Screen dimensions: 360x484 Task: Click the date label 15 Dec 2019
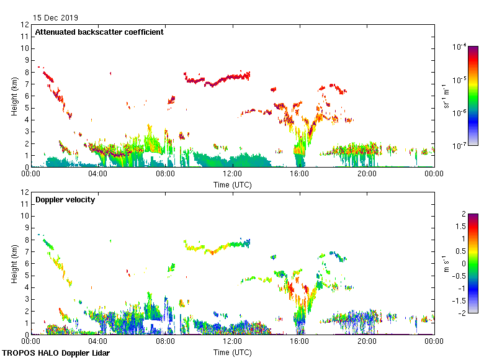tap(56, 17)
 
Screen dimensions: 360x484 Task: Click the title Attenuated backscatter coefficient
tap(99, 32)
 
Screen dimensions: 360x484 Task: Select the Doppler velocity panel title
tap(65, 200)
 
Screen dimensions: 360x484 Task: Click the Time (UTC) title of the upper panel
tap(232, 184)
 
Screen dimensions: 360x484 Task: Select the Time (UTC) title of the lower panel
tap(232, 352)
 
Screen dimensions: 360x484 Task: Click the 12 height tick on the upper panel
tap(25, 25)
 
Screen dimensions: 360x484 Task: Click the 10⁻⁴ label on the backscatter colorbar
tap(459, 47)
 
